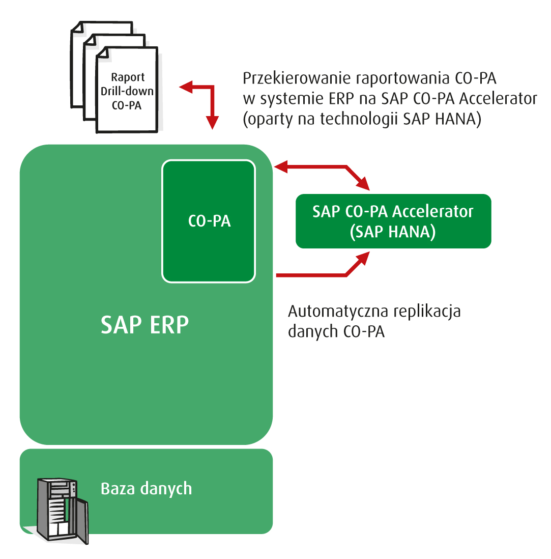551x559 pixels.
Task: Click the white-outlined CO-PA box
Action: [208, 221]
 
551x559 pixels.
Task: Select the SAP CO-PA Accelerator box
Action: [393, 221]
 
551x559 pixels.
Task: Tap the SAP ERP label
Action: [144, 325]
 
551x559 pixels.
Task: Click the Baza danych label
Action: [147, 488]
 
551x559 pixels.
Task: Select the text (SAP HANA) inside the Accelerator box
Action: [393, 232]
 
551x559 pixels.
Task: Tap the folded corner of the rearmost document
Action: [76, 27]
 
